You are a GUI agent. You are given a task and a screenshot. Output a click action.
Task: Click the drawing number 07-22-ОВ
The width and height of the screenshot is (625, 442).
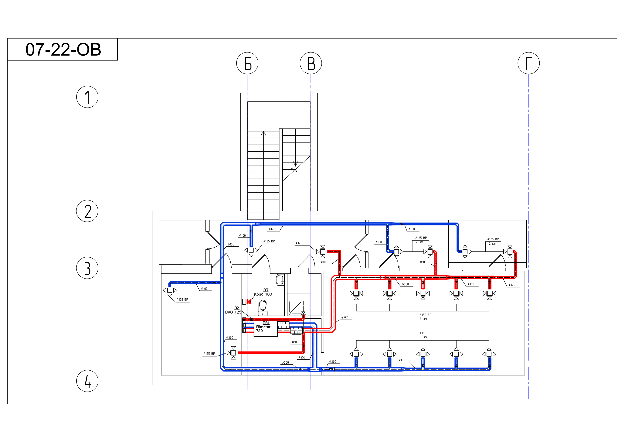pyautogui.click(x=63, y=50)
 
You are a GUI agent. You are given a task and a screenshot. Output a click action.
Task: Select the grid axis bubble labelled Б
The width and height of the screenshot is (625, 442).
pyautogui.click(x=247, y=63)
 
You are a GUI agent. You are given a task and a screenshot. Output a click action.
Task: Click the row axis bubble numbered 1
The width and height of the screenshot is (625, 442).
pyautogui.click(x=87, y=97)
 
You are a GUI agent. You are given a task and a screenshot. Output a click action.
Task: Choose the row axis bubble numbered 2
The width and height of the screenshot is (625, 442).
pyautogui.click(x=87, y=211)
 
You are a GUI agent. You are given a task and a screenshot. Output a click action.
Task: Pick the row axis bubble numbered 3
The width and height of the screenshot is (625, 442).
pyautogui.click(x=87, y=268)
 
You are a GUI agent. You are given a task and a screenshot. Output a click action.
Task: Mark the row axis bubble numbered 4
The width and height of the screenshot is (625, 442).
pyautogui.click(x=87, y=381)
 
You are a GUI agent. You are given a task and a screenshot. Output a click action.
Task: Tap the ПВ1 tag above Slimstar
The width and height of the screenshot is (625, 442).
pyautogui.click(x=266, y=323)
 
